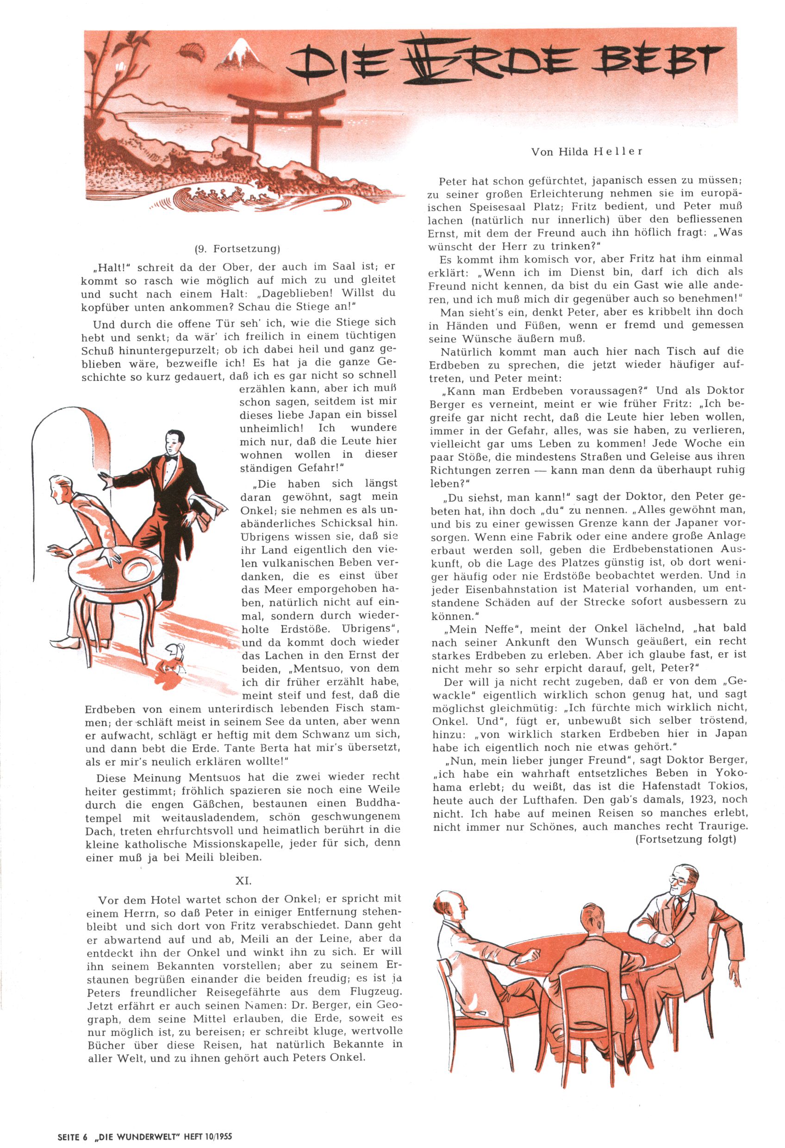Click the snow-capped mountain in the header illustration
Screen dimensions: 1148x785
(x=243, y=54)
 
